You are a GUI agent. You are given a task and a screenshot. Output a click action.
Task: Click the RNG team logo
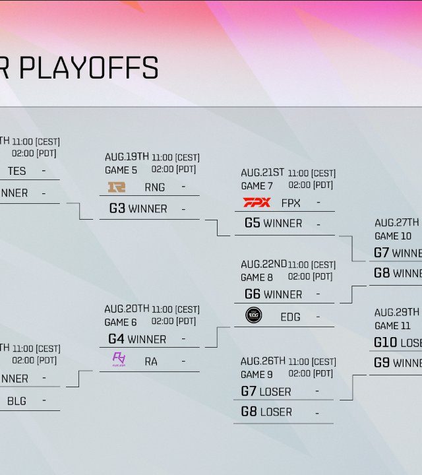tap(117, 187)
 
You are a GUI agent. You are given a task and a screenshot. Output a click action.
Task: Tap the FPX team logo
tap(256, 203)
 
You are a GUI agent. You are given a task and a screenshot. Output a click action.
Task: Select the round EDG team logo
tap(254, 316)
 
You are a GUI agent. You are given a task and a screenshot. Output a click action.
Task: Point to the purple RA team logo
tap(119, 360)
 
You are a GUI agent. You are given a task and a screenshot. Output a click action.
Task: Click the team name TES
tap(17, 171)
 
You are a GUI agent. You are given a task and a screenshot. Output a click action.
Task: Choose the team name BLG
tap(17, 400)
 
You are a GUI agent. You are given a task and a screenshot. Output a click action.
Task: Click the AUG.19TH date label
tap(127, 157)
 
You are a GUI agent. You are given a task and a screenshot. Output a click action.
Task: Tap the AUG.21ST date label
tap(262, 173)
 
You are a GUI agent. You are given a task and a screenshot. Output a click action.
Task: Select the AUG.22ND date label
tap(264, 264)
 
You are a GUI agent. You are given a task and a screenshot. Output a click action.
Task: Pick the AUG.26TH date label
tap(263, 361)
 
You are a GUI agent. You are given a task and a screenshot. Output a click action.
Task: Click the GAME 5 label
tap(121, 170)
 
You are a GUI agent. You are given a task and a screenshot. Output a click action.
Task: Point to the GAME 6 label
tap(121, 323)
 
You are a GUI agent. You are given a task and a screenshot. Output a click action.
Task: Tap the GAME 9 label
tap(256, 375)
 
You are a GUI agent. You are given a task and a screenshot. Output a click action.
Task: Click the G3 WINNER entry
tap(138, 208)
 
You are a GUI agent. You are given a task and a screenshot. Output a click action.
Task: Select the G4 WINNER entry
tap(137, 339)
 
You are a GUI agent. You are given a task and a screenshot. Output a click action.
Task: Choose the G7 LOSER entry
tap(266, 391)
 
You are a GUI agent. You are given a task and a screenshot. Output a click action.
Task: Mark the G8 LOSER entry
tap(266, 412)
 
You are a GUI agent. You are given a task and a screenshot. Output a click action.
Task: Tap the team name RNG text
tap(155, 187)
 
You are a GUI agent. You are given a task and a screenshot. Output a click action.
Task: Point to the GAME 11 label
tap(392, 326)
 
